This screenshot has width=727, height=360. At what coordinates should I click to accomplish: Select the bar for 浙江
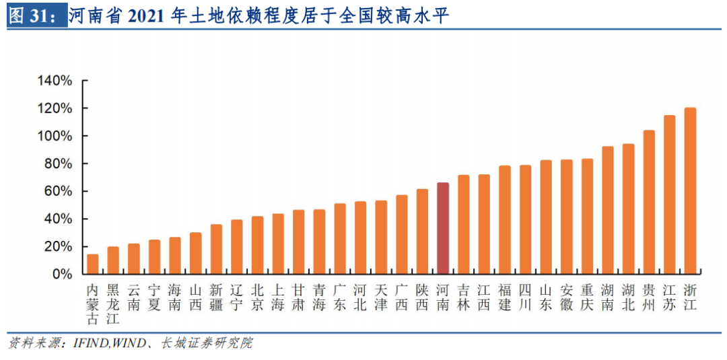[690, 191]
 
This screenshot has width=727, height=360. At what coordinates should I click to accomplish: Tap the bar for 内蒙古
[93, 264]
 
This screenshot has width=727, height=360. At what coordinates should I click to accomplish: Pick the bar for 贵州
[649, 203]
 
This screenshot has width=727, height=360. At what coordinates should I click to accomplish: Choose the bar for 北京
[258, 246]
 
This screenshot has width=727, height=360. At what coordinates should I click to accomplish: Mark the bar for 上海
[278, 244]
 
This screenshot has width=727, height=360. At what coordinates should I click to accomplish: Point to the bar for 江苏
[670, 195]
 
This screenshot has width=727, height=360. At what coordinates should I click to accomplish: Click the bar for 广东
[340, 239]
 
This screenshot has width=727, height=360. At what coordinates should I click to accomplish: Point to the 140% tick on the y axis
[55, 81]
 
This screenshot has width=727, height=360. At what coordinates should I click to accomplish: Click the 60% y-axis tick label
[58, 191]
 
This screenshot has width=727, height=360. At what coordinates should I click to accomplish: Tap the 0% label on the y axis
[62, 275]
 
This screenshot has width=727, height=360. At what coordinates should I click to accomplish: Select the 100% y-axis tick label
[55, 136]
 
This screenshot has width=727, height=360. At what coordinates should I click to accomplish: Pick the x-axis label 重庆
[588, 297]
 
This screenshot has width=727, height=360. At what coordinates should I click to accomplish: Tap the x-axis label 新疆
[216, 297]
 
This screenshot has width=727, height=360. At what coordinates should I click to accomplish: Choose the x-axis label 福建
[505, 297]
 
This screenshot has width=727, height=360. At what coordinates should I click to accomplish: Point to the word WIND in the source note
[128, 343]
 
